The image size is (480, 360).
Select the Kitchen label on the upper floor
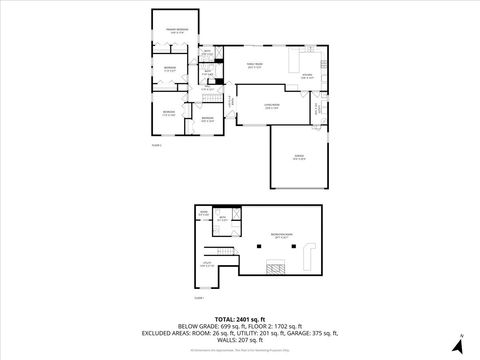tap(308, 77)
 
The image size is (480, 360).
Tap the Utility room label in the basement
tap(205, 265)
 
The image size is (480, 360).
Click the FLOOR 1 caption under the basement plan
tap(198, 297)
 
